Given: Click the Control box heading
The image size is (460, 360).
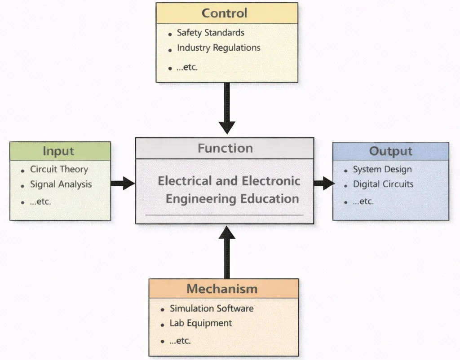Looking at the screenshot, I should [x=224, y=13].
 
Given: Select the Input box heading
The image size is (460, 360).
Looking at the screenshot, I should [x=58, y=151].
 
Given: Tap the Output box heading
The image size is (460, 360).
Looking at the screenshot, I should [x=390, y=151].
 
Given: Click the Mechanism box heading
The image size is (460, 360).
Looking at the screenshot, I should [x=222, y=289].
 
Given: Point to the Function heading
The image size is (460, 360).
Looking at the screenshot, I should [x=225, y=149].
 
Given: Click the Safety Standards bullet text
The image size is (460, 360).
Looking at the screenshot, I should [x=210, y=33].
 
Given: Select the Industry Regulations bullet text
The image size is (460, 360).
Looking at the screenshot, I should [x=218, y=48].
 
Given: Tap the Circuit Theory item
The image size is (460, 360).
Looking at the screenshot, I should [x=59, y=170].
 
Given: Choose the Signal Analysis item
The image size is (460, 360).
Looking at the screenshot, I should [x=61, y=184].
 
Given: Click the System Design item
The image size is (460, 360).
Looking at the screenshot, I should [x=382, y=170].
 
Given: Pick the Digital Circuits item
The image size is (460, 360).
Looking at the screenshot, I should [x=383, y=184].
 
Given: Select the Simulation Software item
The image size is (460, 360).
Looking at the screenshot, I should [x=211, y=309].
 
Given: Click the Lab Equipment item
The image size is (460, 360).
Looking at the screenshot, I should [x=200, y=323].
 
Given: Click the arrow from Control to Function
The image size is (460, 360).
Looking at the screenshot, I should [x=227, y=108].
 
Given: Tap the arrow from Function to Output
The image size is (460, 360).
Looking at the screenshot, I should [x=323, y=183].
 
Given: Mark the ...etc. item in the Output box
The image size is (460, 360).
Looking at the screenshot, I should [x=363, y=202].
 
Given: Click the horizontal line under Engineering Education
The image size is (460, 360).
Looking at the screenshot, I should [x=224, y=215].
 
